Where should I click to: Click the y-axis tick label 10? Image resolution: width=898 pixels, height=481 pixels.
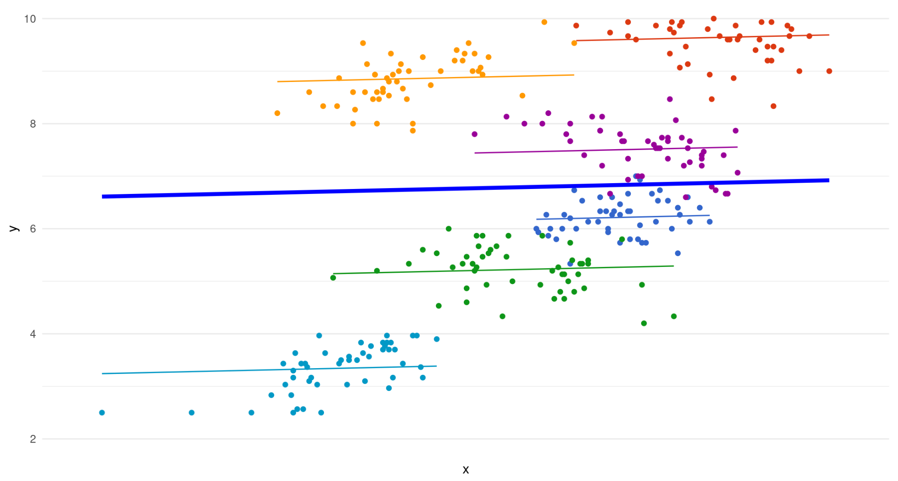pos(30,19)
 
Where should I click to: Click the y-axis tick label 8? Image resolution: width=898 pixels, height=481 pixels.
pos(33,124)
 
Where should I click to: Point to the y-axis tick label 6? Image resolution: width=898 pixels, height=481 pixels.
pos(33,229)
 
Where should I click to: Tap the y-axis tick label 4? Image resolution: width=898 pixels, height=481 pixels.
pos(33,334)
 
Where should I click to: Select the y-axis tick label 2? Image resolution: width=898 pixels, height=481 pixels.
pos(33,439)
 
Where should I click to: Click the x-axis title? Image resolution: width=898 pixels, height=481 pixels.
pos(466,469)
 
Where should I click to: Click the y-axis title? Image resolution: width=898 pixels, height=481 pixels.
pos(14,229)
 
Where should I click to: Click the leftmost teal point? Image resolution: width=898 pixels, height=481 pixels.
pos(102,412)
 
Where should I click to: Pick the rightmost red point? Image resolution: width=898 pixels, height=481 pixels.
pos(829,71)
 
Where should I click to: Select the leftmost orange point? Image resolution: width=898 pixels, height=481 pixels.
pos(277,113)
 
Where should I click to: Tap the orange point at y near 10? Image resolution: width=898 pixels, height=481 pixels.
pos(544,22)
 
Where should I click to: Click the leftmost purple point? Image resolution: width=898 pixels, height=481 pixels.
pos(475,134)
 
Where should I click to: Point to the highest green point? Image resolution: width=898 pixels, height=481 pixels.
pos(449,229)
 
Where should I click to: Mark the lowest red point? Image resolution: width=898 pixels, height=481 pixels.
pos(773,106)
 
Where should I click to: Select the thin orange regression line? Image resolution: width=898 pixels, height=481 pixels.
pos(426,78)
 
